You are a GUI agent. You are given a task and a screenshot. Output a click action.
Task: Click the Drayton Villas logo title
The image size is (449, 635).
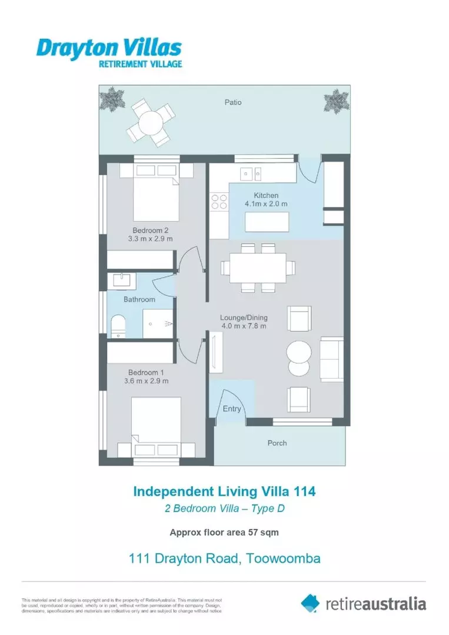pos(109,48)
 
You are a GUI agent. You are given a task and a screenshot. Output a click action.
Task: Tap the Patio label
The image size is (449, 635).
pos(232,102)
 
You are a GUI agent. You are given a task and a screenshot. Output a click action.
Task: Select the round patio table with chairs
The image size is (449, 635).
pos(150,122)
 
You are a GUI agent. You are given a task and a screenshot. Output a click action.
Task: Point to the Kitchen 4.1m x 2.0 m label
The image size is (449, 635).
pos(266,200)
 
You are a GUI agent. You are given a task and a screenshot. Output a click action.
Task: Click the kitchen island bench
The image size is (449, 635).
pos(267,222)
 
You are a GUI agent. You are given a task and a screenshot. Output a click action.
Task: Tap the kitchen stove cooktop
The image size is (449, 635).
pos(219,202)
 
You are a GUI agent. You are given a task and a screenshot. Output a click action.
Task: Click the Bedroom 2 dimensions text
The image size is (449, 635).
pos(151,239)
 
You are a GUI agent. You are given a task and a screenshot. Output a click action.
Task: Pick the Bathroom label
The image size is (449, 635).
pos(139,299)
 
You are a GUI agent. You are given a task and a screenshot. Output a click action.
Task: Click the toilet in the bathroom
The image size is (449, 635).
pos(118,326)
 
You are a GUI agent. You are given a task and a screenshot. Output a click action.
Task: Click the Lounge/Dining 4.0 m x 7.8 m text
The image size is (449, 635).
pos(244,322)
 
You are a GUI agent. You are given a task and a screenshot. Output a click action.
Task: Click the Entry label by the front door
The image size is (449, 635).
pos(231,409)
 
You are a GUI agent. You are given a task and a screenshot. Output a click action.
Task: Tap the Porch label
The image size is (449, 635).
pos(277,443)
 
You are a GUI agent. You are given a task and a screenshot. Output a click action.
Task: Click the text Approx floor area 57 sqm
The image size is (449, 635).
pos(224,533)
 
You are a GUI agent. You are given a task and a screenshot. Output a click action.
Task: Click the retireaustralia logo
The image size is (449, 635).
pos(363,603)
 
